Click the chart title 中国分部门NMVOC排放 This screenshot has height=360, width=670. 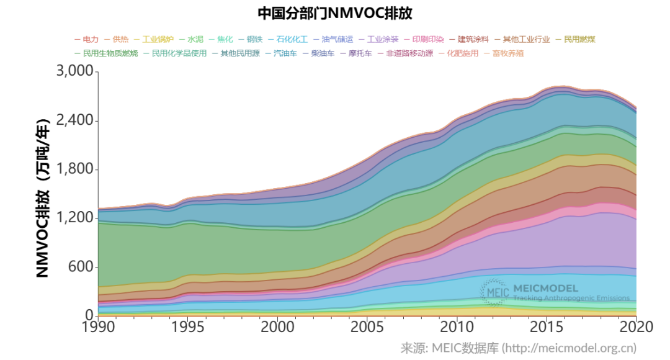tap(334, 13)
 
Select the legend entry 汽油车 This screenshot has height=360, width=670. tap(285, 53)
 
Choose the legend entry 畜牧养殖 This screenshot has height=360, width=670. tap(507, 53)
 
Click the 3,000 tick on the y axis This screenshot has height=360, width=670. tap(74, 72)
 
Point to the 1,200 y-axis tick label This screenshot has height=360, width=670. tap(74, 218)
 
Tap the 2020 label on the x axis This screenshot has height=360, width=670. tap(636, 327)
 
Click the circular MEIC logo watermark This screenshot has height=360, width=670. tap(495, 292)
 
